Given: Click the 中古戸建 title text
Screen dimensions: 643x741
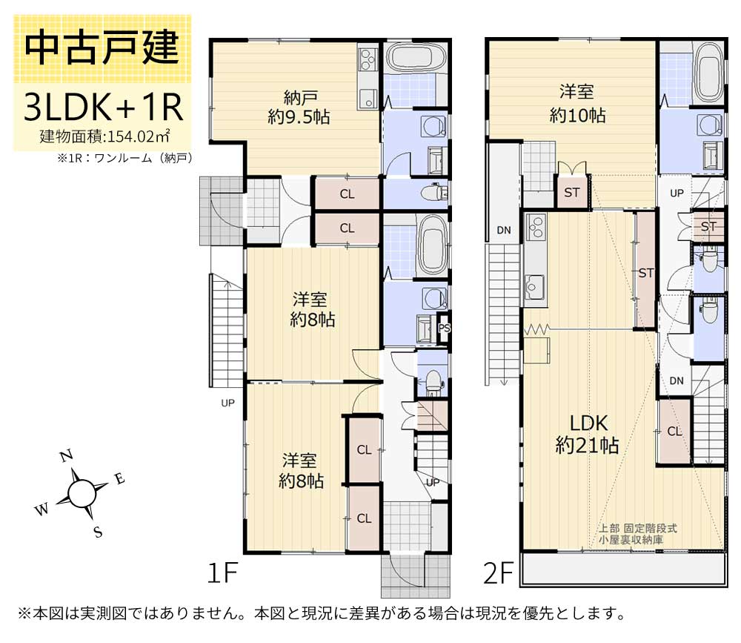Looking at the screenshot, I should click(102, 48).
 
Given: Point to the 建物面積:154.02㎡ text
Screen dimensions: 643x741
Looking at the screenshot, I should click(106, 136).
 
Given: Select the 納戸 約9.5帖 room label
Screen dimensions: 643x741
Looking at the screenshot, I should click(300, 108).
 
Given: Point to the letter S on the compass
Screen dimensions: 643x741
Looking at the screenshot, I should click(97, 531).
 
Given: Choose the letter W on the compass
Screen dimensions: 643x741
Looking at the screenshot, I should click(42, 510).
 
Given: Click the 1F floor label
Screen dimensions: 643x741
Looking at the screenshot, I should click(222, 573).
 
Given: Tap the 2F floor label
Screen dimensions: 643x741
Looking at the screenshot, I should click(499, 573).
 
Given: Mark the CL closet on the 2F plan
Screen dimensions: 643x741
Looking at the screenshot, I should click(674, 432).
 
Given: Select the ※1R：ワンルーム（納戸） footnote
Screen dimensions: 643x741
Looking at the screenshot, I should click(124, 157).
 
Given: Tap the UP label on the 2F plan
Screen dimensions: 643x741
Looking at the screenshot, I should click(676, 193).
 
